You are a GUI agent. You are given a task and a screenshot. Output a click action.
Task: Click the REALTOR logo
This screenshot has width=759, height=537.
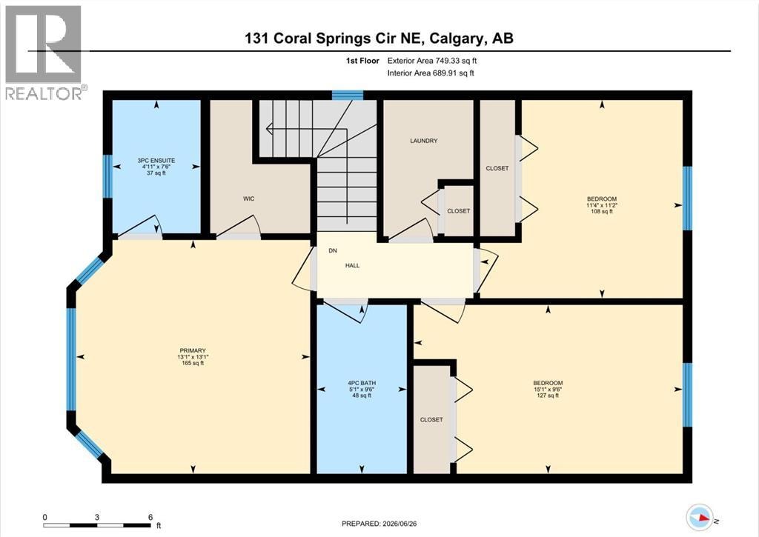[x=44, y=53]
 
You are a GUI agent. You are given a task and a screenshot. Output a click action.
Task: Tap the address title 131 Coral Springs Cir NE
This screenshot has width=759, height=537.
[x=334, y=39]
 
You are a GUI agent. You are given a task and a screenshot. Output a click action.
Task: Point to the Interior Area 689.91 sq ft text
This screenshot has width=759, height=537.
[x=431, y=73]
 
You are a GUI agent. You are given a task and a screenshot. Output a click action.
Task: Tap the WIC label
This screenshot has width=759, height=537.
[x=249, y=199]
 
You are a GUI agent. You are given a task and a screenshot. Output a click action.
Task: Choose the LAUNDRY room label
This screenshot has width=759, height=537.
[x=423, y=141]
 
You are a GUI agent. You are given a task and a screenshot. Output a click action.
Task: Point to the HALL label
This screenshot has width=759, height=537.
[x=352, y=266]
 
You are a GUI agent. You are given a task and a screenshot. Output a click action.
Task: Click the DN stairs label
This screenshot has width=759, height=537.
[x=333, y=250]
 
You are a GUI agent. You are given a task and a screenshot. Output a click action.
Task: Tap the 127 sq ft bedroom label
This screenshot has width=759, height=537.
[x=548, y=389]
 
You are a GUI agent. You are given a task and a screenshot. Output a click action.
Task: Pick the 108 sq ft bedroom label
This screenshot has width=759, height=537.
[x=602, y=204]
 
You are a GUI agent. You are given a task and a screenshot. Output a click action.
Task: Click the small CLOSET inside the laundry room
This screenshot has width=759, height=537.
[x=458, y=211]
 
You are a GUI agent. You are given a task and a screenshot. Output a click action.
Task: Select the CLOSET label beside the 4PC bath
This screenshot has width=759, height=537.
[x=431, y=420]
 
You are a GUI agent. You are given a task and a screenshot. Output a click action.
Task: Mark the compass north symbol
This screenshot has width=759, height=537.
[x=700, y=518]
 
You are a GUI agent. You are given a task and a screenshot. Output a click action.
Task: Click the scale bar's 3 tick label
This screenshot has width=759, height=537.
[x=97, y=517]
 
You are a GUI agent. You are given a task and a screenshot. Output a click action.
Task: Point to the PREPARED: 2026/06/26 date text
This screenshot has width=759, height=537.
[x=379, y=524]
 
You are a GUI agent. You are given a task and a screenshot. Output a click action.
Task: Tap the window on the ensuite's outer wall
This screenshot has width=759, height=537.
[x=107, y=176]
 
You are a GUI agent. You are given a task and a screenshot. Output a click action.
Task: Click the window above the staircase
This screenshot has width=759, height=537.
[x=348, y=95]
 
